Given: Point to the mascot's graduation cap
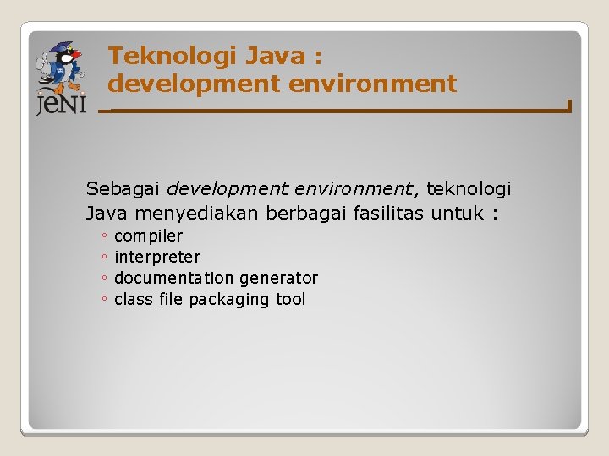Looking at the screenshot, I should pyautogui.click(x=61, y=48).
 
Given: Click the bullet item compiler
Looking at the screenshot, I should pyautogui.click(x=148, y=236).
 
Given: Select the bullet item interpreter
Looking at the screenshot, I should pyautogui.click(x=157, y=257).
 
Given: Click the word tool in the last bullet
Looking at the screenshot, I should pyautogui.click(x=291, y=299).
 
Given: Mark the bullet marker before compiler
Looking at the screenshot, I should pyautogui.click(x=102, y=237).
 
